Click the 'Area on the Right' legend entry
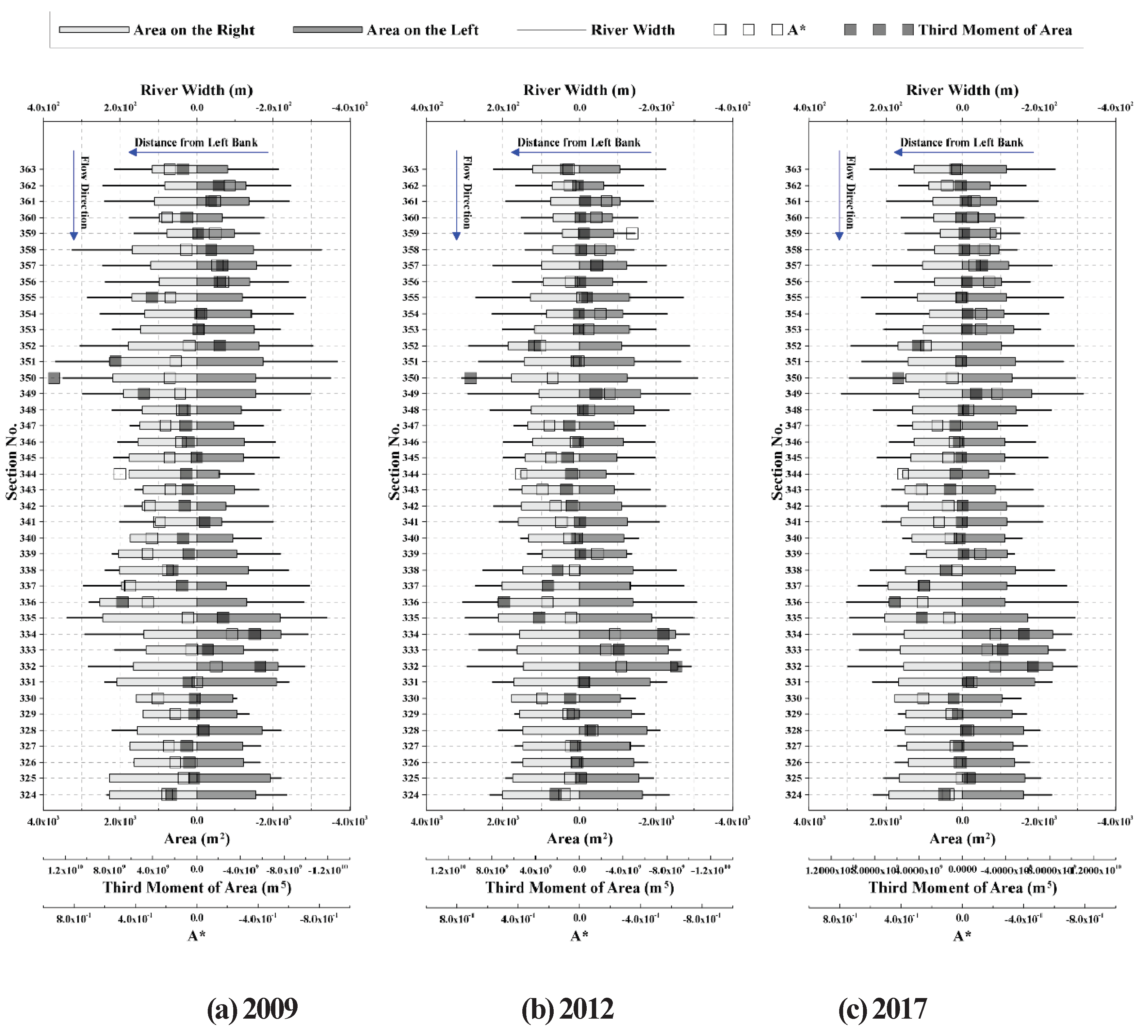tap(194, 30)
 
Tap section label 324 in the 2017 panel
tap(793, 795)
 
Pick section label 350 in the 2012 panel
tap(411, 378)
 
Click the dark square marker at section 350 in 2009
tap(54, 378)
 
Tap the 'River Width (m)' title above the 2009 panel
tap(197, 90)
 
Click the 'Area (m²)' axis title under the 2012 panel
tap(579, 839)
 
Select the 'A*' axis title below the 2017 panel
tap(962, 936)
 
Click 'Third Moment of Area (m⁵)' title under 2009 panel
tap(197, 888)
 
